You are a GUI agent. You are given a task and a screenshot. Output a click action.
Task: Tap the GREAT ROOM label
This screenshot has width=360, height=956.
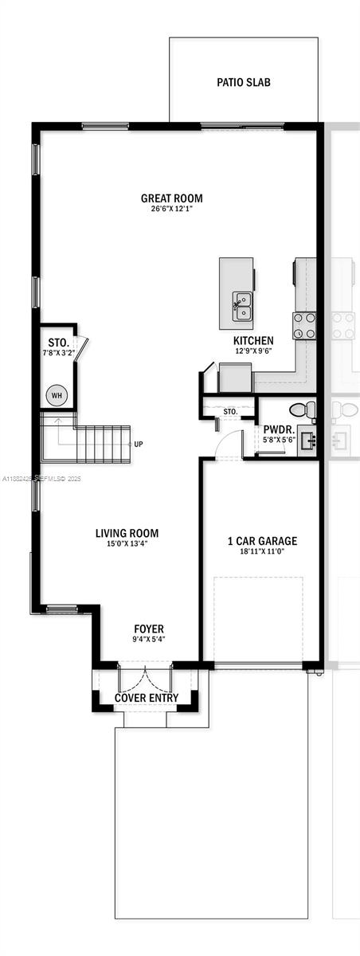171,198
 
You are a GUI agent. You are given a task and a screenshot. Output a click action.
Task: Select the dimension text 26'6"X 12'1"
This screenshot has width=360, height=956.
171,210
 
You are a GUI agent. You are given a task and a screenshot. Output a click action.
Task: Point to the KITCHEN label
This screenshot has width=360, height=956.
254,339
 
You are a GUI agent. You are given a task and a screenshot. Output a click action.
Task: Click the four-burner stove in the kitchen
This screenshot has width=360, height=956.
304,325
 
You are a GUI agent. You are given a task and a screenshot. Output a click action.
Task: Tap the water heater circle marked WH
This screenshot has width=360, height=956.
57,395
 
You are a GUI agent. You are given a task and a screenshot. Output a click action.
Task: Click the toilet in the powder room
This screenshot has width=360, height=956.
299,410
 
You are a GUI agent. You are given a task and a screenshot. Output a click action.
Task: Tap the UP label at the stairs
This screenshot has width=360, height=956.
139,445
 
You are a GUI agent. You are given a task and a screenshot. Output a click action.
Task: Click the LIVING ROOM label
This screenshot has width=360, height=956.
127,533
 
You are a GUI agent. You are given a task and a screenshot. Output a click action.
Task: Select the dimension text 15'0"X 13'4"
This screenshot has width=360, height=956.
127,544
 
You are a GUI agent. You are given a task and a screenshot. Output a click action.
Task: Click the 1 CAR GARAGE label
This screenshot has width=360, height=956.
262,541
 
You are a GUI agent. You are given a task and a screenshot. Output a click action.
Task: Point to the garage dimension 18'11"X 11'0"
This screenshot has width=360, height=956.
262,551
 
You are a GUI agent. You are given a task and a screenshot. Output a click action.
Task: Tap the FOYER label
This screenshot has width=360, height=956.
149,629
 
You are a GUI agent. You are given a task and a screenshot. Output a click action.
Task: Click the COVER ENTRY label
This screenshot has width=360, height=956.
146,698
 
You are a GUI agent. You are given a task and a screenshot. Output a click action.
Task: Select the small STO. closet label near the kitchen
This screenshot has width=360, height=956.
229,412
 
